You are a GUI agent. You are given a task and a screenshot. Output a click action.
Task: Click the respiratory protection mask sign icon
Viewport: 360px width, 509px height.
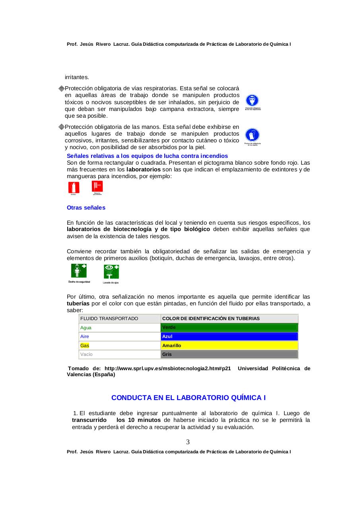coord(252,101)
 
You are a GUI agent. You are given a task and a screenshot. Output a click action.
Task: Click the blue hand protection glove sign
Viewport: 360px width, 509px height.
coord(252,135)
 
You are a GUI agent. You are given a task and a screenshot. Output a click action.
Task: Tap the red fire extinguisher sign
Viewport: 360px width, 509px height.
coord(74,187)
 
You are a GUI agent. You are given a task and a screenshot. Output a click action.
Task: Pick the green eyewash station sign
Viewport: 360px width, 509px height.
coord(111,272)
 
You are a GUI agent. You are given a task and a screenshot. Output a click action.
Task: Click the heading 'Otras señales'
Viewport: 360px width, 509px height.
coord(86,208)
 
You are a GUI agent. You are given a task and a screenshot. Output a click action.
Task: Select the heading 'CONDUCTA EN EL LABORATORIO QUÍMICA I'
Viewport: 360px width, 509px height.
coord(188,398)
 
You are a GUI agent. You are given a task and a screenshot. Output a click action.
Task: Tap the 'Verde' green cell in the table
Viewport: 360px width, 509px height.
coord(229,328)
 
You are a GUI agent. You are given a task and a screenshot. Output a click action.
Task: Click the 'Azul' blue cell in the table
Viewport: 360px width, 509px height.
coord(229,336)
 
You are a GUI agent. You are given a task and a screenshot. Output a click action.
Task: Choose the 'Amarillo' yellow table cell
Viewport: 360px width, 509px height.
coord(229,346)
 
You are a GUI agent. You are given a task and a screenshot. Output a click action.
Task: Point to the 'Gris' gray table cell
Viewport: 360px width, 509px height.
coord(229,354)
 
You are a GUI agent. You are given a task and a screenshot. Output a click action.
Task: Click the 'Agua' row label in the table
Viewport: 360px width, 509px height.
coord(86,328)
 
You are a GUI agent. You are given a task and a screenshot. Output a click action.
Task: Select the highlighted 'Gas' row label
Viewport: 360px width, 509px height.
coord(85,346)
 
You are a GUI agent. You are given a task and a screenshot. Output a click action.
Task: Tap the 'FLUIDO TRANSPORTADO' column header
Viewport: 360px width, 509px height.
coord(109,319)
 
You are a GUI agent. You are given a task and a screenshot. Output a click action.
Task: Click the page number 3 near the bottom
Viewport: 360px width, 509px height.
coord(188,442)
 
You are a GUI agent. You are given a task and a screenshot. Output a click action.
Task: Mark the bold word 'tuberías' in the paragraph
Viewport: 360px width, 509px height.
coord(78,303)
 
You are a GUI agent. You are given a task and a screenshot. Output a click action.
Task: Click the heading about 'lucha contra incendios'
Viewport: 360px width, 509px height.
coord(147,156)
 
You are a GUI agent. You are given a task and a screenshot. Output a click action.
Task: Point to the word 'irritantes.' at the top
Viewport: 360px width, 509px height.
coord(77,77)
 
